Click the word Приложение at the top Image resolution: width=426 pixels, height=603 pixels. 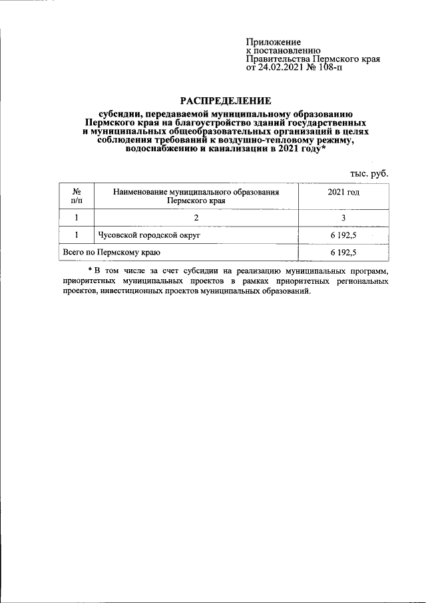[274, 42]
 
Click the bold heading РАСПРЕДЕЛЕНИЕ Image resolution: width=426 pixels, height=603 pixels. [226, 101]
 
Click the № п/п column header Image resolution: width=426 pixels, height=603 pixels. [77, 195]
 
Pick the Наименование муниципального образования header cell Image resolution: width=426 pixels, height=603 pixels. [196, 195]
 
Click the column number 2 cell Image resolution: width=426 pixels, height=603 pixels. [196, 217]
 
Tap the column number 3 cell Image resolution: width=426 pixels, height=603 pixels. [343, 217]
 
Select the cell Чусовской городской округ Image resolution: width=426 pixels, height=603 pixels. [149, 235]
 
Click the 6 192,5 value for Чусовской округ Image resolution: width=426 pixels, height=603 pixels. [343, 235]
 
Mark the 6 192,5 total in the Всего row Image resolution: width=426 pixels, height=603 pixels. [343, 253]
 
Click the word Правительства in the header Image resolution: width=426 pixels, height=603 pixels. [274, 59]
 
